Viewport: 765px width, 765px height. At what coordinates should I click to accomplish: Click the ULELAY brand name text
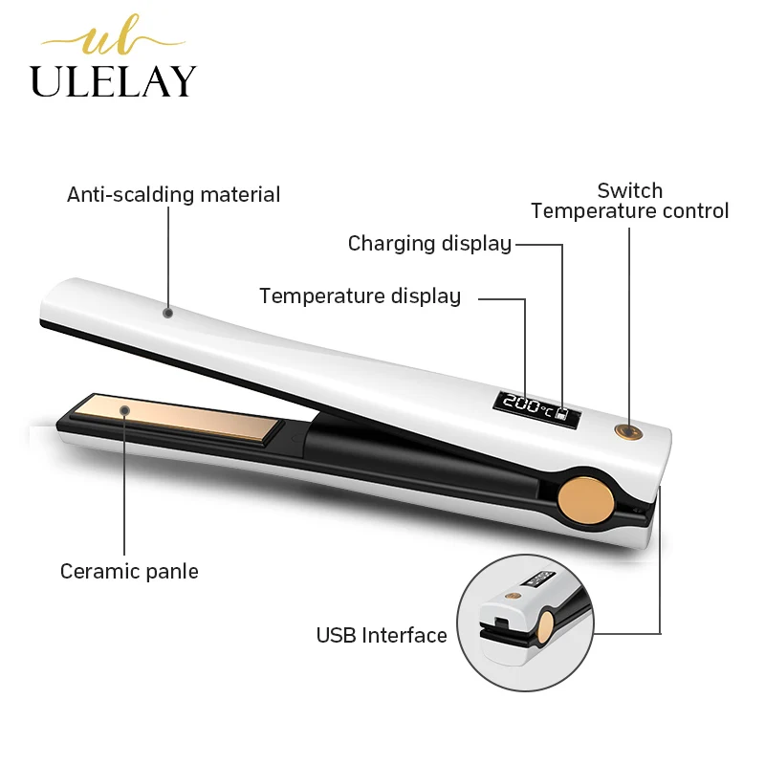(113, 81)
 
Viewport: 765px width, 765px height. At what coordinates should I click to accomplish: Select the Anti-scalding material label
(173, 195)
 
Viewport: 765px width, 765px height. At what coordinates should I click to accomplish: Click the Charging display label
(429, 244)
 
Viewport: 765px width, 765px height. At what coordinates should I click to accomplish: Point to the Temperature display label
(360, 296)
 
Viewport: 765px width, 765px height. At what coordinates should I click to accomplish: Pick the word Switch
(629, 190)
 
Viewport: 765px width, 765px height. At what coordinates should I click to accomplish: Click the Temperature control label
(629, 211)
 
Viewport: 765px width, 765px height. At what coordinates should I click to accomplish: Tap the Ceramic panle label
(129, 572)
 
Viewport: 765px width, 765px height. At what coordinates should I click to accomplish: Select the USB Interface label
(382, 635)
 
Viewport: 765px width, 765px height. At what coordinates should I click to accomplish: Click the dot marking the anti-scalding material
(168, 312)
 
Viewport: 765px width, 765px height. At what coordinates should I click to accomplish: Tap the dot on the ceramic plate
(125, 410)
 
